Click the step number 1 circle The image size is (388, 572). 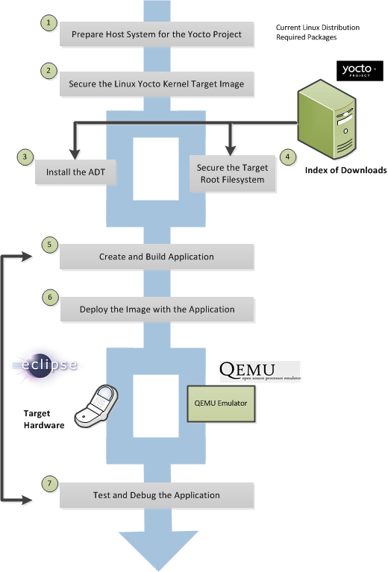[48, 22]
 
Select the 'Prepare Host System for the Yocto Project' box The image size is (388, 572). [157, 34]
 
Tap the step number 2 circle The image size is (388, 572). [48, 71]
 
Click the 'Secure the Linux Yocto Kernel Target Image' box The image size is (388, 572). [157, 84]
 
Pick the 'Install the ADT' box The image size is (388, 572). [75, 172]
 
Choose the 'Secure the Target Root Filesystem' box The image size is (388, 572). [232, 174]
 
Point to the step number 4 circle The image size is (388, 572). [288, 157]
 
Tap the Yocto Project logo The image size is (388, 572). [360, 70]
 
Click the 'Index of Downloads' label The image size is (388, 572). [345, 170]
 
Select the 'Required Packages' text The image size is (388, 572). [306, 37]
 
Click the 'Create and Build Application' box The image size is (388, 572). [157, 257]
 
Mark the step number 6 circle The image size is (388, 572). [50, 298]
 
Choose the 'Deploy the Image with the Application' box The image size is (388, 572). [157, 309]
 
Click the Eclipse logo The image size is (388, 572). [46, 365]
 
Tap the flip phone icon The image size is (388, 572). [96, 406]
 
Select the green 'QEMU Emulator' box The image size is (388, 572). [221, 403]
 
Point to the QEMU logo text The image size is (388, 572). [260, 371]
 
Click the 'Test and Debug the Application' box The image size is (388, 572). [157, 495]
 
